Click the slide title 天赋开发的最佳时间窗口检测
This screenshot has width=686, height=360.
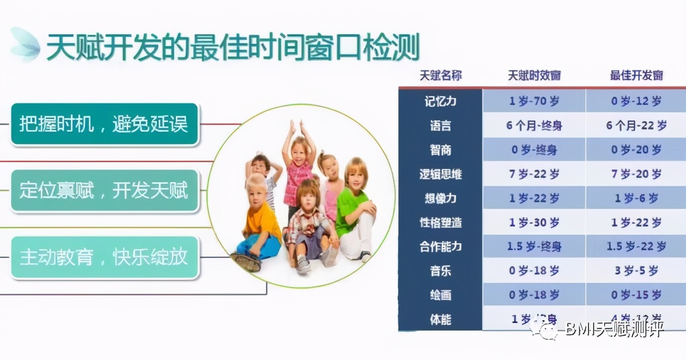click(232, 48)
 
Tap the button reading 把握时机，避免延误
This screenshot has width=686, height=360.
click(105, 125)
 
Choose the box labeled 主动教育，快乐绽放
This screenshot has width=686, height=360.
click(105, 257)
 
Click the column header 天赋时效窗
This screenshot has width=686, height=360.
click(534, 76)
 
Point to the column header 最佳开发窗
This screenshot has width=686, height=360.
click(636, 76)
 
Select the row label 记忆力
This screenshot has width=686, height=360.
click(440, 101)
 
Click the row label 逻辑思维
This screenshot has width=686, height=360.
click(440, 174)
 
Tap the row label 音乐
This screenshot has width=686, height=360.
click(440, 271)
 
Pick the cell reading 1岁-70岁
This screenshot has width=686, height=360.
click(534, 101)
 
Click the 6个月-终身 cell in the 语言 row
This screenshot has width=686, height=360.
click(534, 126)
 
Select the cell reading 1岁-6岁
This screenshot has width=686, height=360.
click(636, 198)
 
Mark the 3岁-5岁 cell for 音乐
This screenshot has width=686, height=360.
click(636, 271)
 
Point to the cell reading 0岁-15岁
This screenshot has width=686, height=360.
click(636, 295)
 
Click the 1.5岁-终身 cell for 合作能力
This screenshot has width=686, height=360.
click(534, 247)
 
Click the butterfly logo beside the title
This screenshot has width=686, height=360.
click(25, 45)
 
